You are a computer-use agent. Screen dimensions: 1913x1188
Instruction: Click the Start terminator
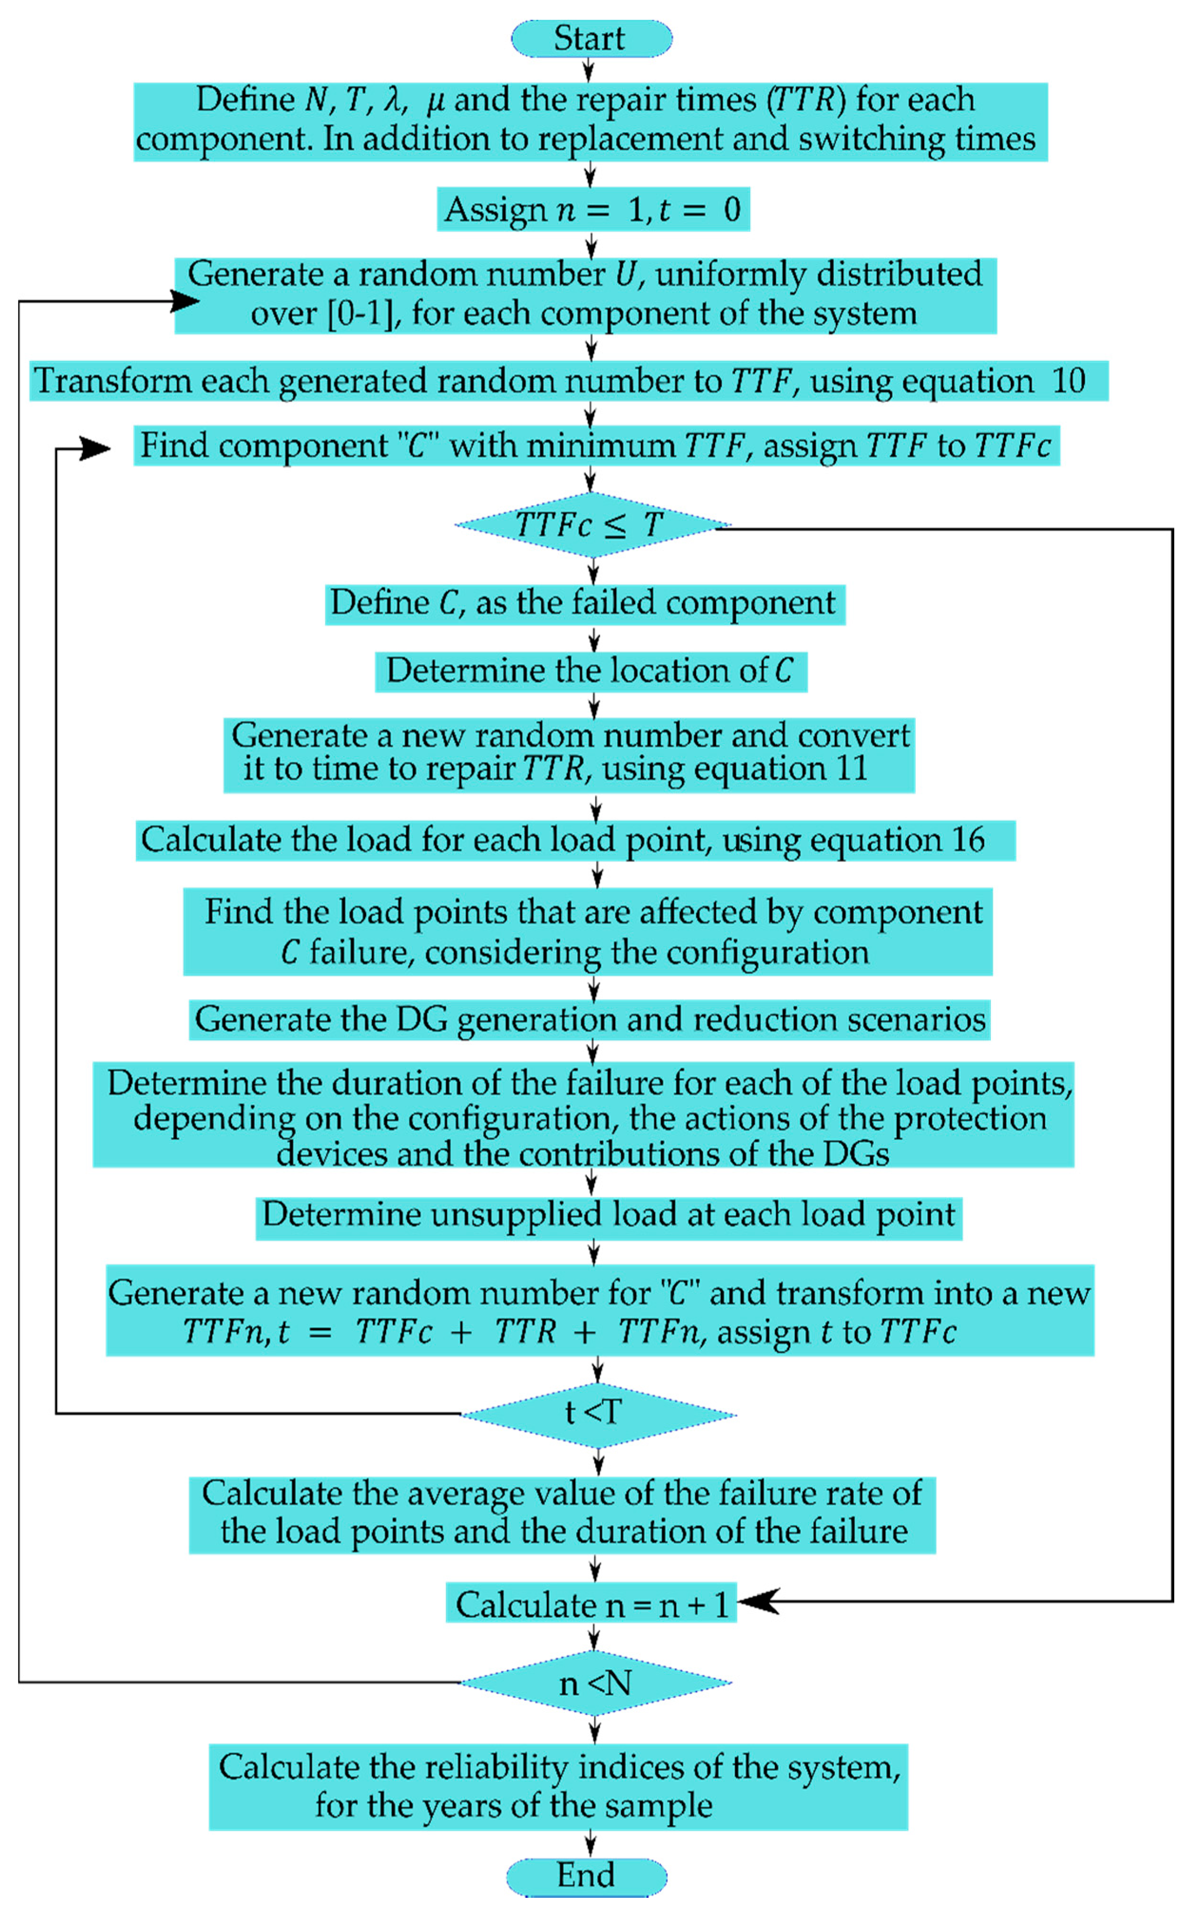[591, 38]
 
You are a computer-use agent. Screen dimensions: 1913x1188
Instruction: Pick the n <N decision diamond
[595, 1683]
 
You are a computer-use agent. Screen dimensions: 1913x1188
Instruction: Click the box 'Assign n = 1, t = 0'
[593, 210]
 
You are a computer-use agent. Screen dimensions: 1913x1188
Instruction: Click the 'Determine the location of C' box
[590, 672]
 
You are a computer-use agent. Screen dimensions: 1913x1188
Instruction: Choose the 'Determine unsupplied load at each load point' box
[608, 1216]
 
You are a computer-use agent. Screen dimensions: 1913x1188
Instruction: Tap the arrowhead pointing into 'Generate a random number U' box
[185, 300]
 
